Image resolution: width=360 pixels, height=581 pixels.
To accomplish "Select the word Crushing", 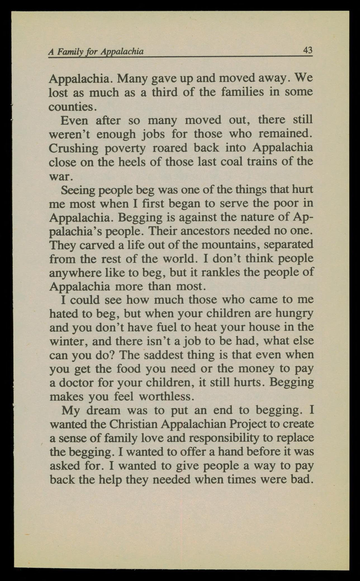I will click(x=74, y=148).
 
